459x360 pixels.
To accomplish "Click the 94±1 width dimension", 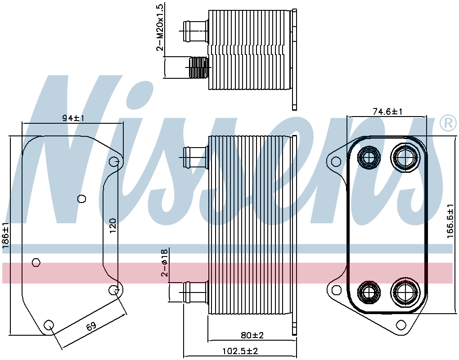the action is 73,118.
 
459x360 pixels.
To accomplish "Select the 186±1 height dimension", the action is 6,239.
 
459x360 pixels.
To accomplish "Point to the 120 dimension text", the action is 113,225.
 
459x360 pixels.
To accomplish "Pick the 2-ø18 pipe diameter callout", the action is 164,262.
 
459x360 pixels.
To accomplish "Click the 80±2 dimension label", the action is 252,335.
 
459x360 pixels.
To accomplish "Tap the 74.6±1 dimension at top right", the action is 387,112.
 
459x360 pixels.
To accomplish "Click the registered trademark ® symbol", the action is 448,123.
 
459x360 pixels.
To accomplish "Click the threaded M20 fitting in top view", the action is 198,67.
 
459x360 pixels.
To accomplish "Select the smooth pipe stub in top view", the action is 195,31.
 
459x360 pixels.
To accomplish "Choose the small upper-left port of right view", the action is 369,158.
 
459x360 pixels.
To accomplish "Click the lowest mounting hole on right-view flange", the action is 401,325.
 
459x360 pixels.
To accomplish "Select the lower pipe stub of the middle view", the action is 195,292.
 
